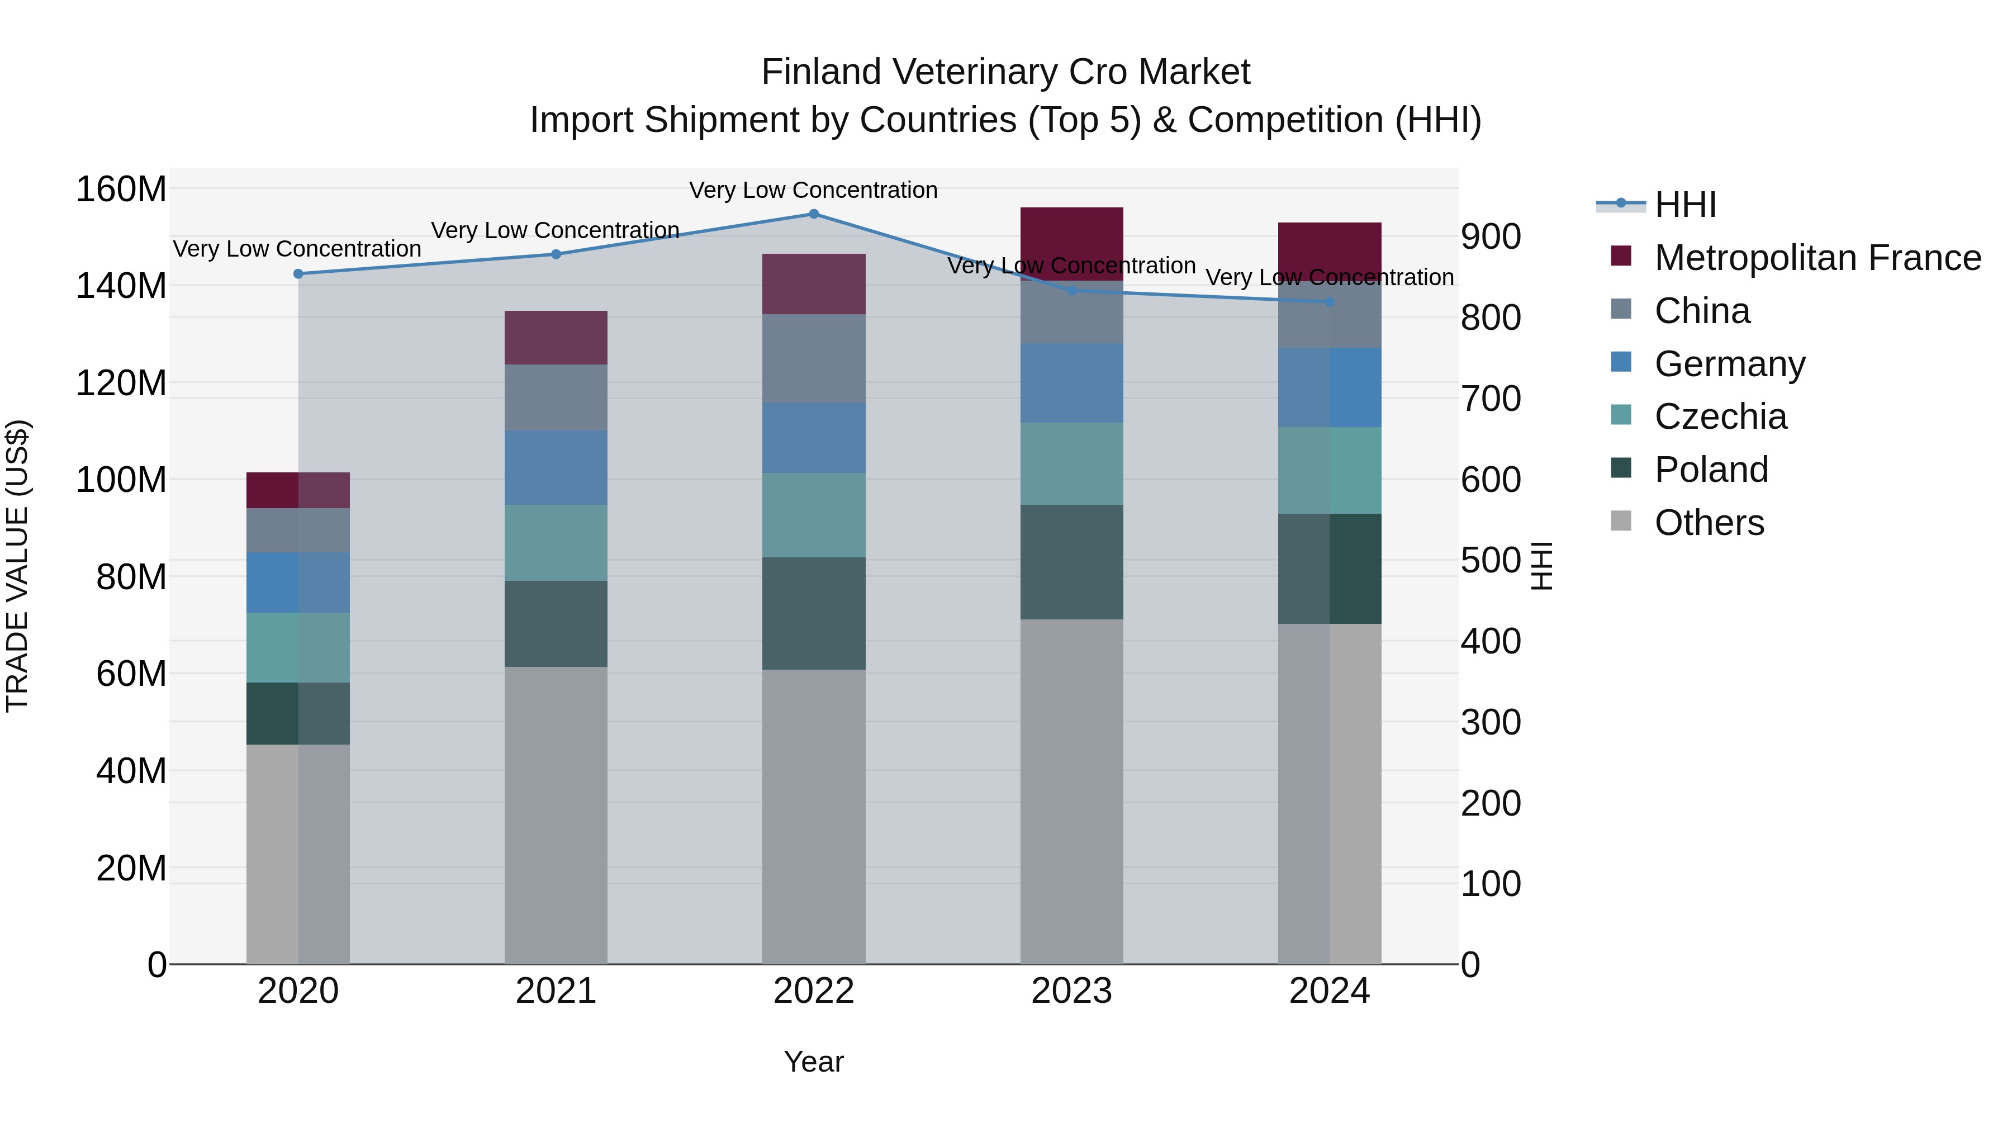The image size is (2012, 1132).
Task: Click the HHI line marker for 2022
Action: [813, 214]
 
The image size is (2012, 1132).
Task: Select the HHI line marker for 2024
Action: [1330, 301]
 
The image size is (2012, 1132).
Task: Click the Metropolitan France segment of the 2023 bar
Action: [1071, 244]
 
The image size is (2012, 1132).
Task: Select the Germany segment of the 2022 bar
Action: [813, 438]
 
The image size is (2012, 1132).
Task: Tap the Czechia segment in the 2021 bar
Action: [556, 542]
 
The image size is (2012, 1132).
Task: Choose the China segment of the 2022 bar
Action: [813, 358]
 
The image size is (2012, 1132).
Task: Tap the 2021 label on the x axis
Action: [556, 991]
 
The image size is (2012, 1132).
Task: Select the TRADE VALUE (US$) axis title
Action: [17, 566]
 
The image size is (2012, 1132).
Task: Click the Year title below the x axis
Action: [813, 1062]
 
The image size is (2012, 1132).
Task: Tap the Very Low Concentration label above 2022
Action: [813, 190]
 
